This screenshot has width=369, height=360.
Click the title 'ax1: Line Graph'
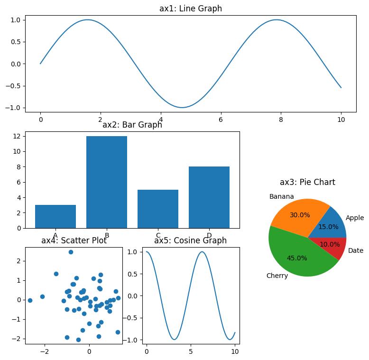[190, 9]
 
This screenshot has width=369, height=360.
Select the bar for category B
[107, 182]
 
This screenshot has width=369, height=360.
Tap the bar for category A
[55, 216]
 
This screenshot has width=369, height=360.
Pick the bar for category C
[158, 209]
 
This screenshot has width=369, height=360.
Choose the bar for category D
[209, 197]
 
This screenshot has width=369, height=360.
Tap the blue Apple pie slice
[332, 225]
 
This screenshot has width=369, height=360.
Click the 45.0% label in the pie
[297, 258]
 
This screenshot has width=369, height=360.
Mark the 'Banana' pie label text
[281, 196]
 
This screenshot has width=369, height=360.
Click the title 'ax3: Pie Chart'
[307, 182]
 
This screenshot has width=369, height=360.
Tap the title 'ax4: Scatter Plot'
[74, 240]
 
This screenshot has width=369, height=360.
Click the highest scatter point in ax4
[71, 252]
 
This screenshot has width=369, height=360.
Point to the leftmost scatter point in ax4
[30, 300]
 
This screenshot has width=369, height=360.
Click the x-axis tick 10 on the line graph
[341, 120]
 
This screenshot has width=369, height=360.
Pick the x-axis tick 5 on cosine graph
[191, 352]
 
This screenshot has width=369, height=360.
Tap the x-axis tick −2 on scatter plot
[45, 352]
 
